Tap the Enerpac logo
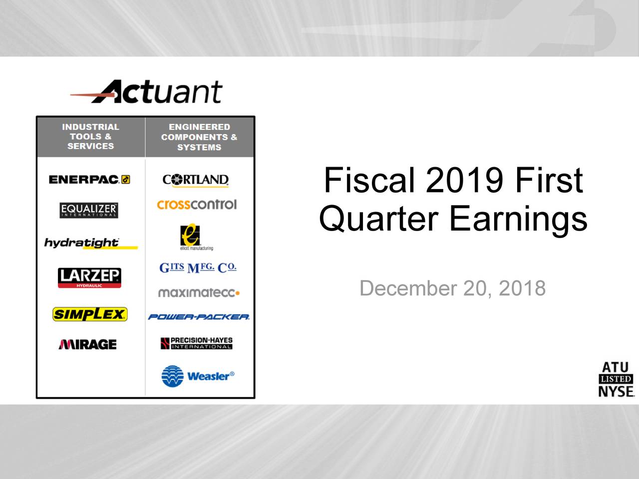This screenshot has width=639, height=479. tap(89, 180)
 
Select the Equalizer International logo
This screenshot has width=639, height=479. tap(89, 210)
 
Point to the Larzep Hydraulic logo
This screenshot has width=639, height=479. tap(89, 278)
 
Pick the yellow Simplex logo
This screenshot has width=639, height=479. tap(90, 314)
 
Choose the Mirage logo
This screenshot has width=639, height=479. tap(88, 344)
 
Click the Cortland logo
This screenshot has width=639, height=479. tap(196, 180)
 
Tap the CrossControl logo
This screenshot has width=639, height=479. tap(197, 205)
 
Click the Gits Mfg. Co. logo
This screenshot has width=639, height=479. tap(198, 268)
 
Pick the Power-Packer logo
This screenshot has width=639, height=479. tap(199, 317)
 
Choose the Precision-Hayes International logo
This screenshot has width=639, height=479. tap(197, 343)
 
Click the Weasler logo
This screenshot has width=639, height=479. tap(198, 376)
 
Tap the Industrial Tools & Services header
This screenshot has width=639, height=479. tap(91, 137)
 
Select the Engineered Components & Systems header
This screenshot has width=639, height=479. tap(199, 137)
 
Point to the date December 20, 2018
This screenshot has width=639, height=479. tap(452, 288)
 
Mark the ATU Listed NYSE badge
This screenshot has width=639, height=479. tap(616, 380)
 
